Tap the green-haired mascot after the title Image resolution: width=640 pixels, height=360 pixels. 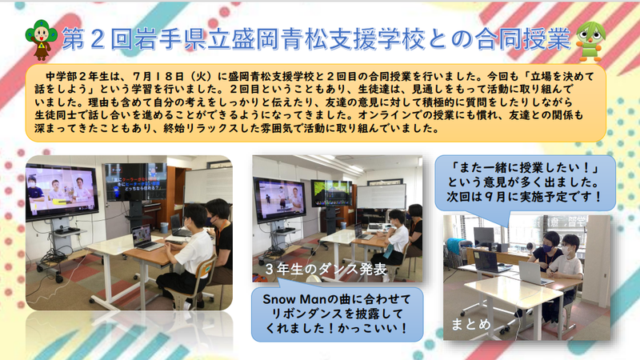[590, 42]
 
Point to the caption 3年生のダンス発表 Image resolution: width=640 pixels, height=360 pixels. [326, 269]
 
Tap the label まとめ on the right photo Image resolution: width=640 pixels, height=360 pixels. [470, 324]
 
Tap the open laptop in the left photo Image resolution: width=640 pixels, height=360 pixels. [145, 238]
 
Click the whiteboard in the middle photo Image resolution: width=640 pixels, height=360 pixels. [382, 197]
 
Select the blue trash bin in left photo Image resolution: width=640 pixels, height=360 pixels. [164, 227]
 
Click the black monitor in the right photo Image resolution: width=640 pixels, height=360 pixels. [484, 237]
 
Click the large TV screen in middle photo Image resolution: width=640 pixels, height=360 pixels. [279, 200]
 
